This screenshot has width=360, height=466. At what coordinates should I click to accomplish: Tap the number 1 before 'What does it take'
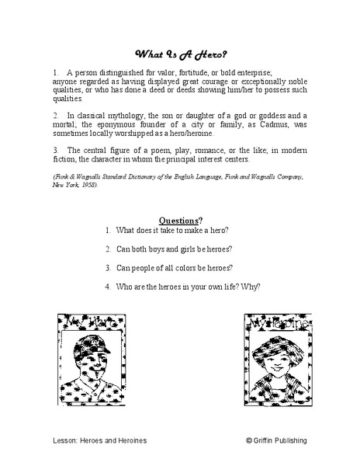point(107,231)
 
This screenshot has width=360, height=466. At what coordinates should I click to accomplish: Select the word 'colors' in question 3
point(185,267)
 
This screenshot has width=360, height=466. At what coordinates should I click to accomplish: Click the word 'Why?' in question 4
point(250,286)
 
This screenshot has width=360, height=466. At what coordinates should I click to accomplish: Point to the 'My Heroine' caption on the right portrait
point(272,319)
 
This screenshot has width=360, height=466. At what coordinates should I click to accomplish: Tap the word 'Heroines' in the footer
point(130,440)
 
